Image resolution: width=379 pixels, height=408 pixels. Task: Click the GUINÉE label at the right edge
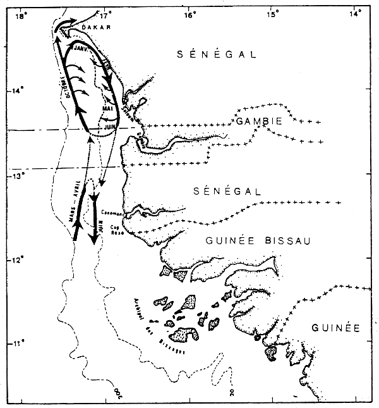pyautogui.click(x=335, y=328)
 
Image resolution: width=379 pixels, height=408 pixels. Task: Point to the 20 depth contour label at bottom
pyautogui.click(x=233, y=393)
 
